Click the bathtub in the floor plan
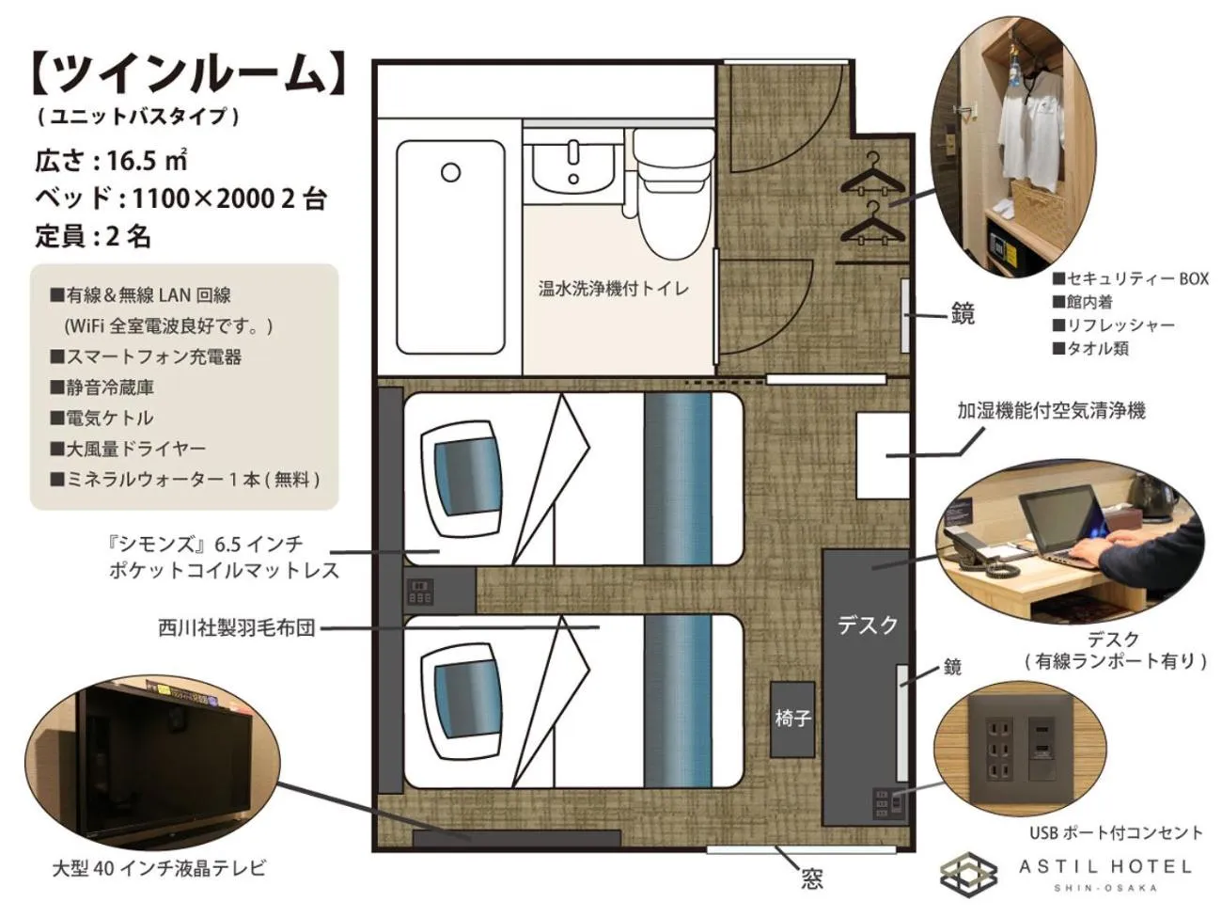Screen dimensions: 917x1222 click(450, 245)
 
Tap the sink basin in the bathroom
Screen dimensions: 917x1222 click(572, 166)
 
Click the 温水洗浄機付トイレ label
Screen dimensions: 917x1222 click(613, 289)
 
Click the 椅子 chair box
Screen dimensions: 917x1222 click(792, 719)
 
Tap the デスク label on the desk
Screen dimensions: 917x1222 click(867, 625)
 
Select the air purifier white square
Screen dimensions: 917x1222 click(882, 455)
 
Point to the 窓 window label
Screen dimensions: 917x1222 click(812, 879)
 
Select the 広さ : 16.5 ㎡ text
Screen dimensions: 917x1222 click(112, 160)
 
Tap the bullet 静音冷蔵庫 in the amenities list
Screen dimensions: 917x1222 click(103, 387)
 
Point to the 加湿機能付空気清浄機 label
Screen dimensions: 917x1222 click(1051, 411)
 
